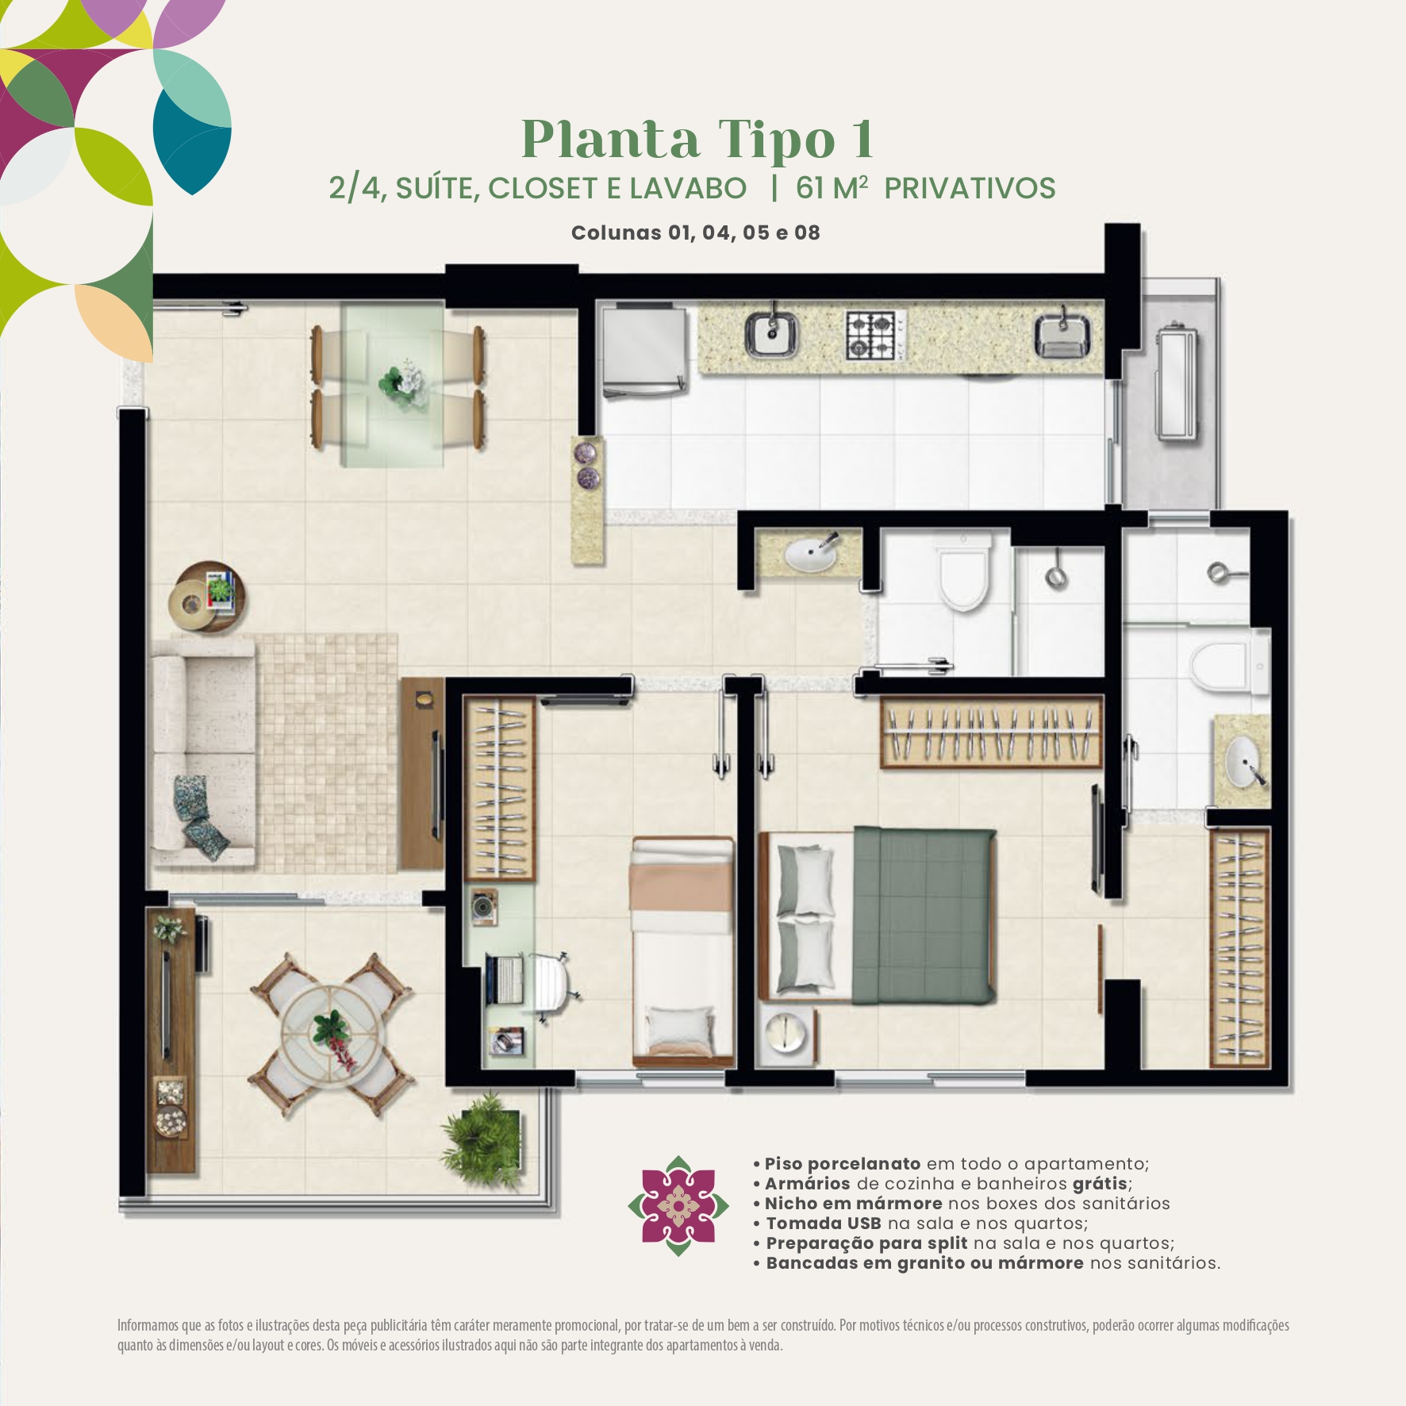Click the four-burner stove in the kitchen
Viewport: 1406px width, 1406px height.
point(871,335)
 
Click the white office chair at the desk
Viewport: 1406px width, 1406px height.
point(553,988)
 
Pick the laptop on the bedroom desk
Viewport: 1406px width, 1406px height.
point(503,978)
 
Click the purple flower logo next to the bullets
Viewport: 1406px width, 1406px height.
point(678,1206)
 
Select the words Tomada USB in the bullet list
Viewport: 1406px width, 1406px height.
point(824,1223)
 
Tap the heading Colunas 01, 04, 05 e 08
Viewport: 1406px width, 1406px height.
point(696,232)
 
